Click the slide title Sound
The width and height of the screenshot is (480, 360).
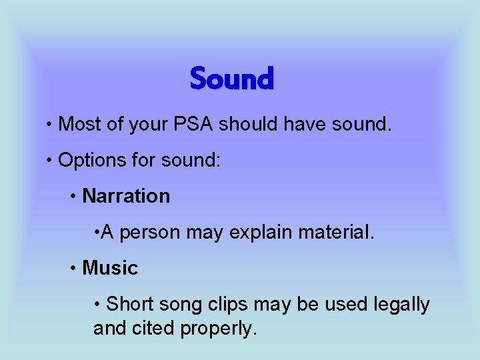point(232,79)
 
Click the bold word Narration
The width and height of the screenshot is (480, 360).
point(126,196)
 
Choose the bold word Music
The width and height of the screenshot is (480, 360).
point(110,268)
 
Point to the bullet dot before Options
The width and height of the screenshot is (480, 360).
point(50,161)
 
